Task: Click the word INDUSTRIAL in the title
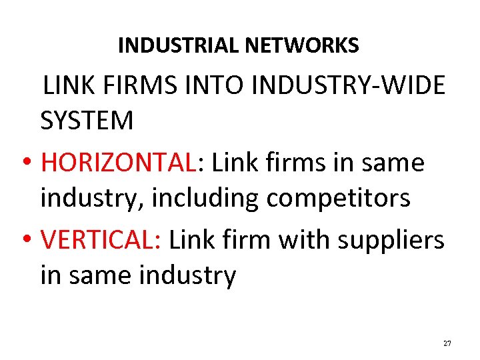(x=179, y=45)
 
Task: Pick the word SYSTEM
(x=87, y=121)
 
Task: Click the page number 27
(x=447, y=343)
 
